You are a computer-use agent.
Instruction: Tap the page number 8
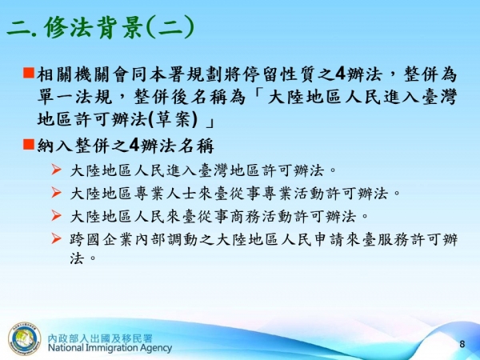coord(462,343)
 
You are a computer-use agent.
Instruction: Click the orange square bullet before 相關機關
coord(27,74)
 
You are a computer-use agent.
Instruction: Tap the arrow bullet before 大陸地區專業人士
coord(55,192)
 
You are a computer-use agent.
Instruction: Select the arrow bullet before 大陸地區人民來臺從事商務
coord(55,215)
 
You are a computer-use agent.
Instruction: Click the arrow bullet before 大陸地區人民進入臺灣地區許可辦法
coord(55,170)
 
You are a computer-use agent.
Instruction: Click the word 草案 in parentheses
coord(175,121)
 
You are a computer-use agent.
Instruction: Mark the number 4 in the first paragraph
coord(341,74)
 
